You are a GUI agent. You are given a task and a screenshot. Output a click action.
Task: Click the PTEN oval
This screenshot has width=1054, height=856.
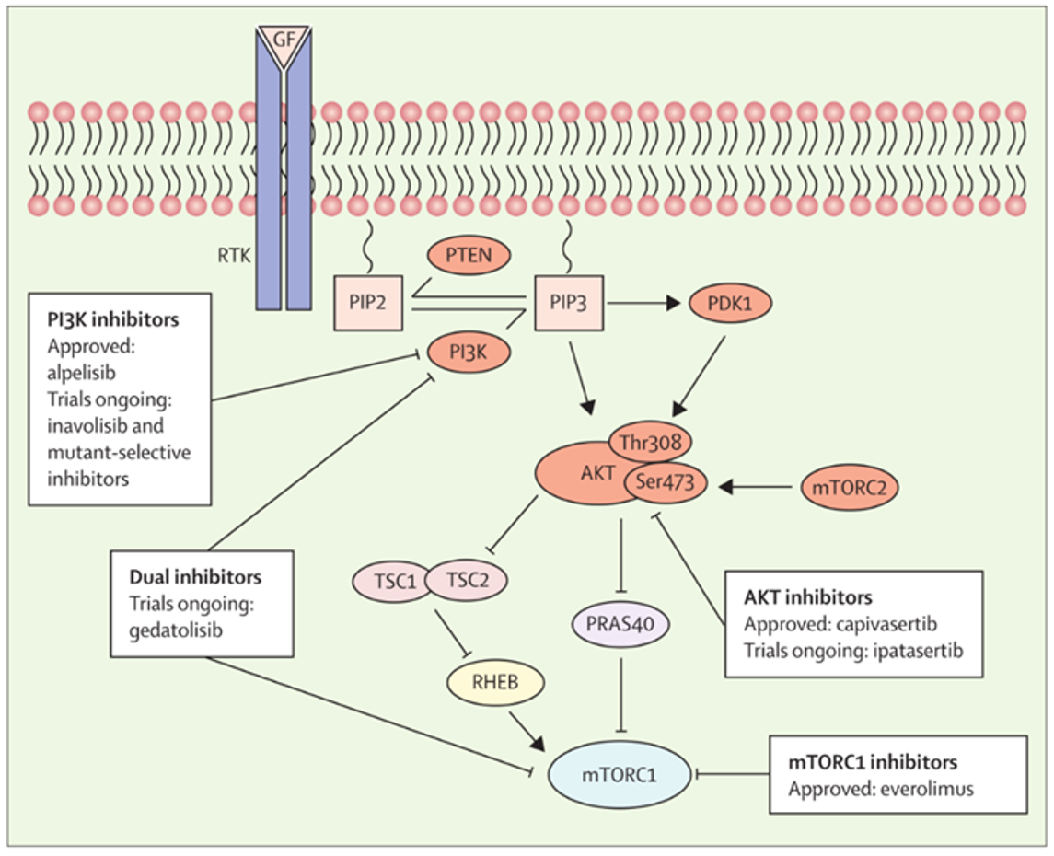coord(469,255)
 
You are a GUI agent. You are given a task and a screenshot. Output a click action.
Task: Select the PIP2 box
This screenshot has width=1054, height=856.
coord(368,303)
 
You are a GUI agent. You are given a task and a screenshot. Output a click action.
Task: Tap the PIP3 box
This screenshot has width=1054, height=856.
coord(569,303)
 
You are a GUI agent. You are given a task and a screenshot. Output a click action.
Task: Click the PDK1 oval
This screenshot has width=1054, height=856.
coord(730,304)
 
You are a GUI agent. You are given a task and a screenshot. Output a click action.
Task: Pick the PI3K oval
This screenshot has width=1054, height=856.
coord(469,353)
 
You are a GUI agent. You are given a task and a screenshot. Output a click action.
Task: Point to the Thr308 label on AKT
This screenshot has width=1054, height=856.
coord(650,442)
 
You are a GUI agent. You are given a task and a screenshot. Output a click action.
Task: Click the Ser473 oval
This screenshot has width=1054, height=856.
coord(665,481)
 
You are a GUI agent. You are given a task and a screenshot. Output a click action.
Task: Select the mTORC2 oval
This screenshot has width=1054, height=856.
coord(850,487)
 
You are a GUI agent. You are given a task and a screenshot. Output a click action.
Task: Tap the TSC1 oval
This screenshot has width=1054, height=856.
coord(395,581)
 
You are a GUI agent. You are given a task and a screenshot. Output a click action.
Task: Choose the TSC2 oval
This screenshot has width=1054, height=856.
coord(467,580)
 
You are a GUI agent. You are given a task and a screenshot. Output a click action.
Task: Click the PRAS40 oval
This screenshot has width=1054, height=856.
coord(620,624)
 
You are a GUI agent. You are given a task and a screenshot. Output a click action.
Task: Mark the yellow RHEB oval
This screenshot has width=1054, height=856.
coord(495,683)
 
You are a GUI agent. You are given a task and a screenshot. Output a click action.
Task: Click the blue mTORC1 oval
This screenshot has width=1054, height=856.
coord(620,775)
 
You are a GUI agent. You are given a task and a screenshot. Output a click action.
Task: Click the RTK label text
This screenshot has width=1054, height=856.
coord(234,256)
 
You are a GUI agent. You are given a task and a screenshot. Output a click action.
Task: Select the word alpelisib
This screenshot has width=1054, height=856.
coord(81,373)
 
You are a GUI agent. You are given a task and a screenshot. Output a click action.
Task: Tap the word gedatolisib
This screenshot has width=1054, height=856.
coord(176,630)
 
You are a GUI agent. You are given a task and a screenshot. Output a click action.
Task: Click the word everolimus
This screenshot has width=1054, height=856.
coord(927,789)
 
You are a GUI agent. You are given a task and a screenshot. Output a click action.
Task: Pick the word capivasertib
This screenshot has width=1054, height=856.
coord(887,624)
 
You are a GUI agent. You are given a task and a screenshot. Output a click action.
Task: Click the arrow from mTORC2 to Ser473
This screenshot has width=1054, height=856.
coord(756,487)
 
